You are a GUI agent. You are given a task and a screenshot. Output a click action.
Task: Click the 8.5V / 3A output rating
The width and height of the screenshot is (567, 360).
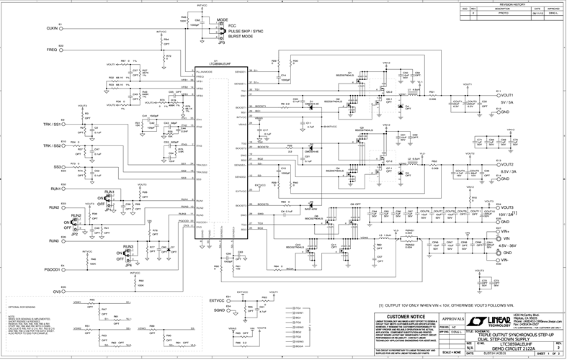click(509, 171)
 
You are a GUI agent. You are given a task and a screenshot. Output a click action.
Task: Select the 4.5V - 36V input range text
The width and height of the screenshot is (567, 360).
click(509, 246)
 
